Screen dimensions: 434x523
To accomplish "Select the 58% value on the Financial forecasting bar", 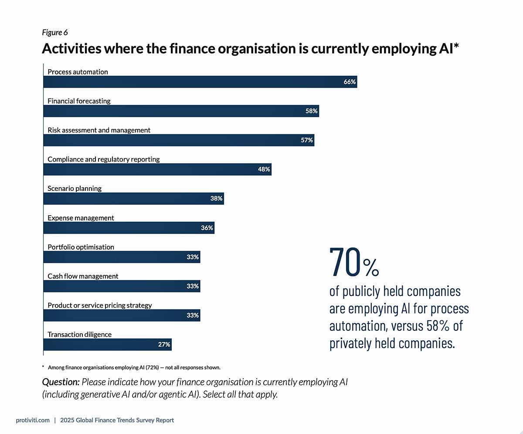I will coord(311,111).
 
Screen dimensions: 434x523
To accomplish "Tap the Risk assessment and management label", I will coord(99,130).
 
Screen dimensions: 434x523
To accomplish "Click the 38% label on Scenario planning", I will coord(216,198).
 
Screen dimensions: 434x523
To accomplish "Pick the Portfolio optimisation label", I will coord(81,247).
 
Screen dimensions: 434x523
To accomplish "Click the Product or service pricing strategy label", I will coord(100,305).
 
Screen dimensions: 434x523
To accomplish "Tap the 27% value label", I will coord(164,344).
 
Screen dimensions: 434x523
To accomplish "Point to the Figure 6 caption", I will coord(55,32).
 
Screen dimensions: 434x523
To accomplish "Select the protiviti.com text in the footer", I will coord(33,420).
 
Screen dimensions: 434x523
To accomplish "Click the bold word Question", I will coord(61,382).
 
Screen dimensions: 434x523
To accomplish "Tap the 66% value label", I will coord(350,82).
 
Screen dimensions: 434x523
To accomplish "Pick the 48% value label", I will coord(264,169).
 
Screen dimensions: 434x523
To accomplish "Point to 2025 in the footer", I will coord(67,420).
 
